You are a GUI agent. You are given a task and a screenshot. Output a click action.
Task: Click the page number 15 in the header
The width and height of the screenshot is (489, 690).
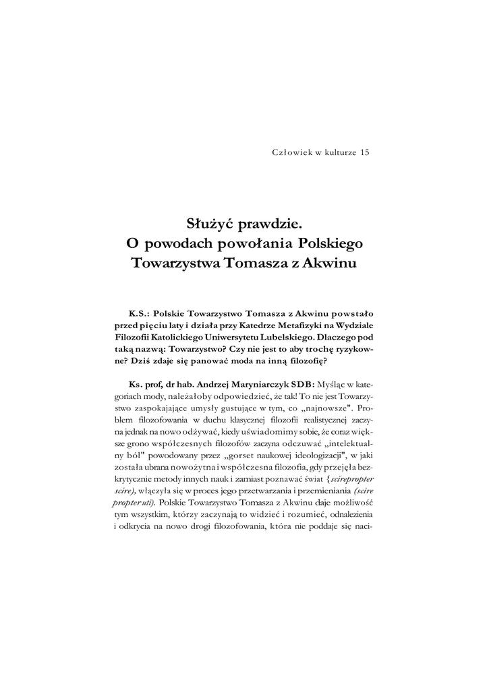click(364, 152)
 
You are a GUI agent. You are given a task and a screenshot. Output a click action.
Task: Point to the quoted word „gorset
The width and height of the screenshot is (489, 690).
click(218, 456)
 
